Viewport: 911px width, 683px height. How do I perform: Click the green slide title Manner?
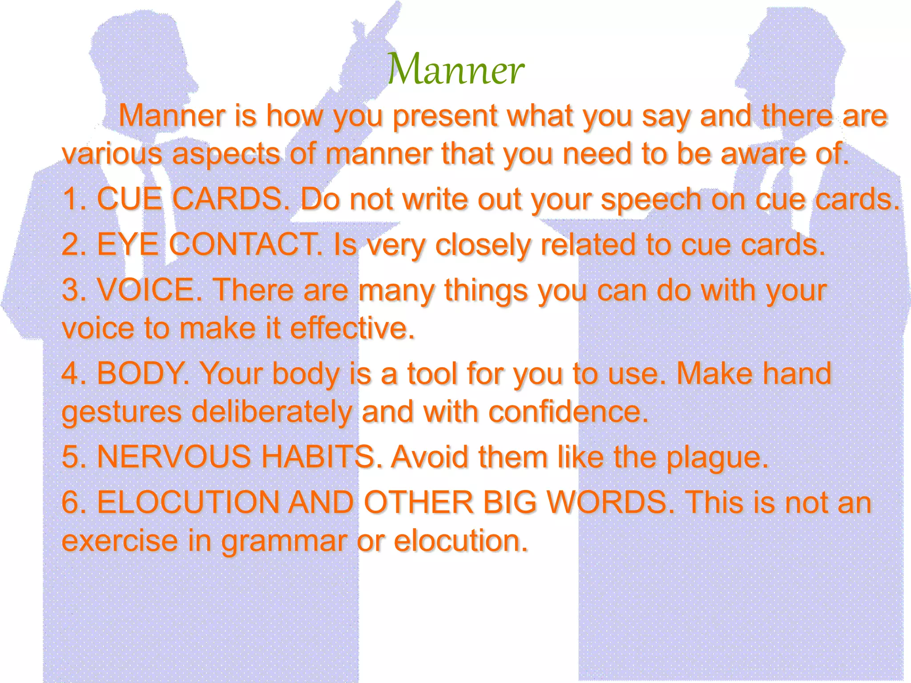[x=455, y=69]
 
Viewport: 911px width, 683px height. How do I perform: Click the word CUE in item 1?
[x=129, y=199]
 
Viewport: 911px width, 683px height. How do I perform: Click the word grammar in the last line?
[x=284, y=542]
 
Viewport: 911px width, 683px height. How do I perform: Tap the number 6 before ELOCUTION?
[x=70, y=502]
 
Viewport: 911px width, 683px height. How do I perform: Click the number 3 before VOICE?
[x=70, y=290]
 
